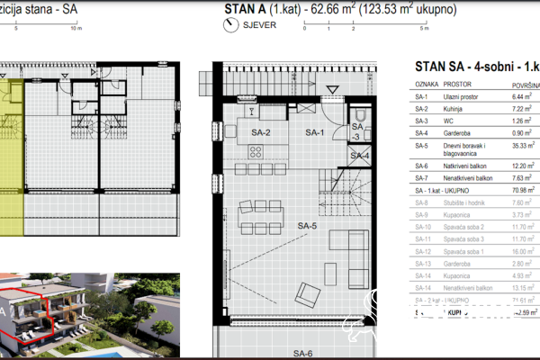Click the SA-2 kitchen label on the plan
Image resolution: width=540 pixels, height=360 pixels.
(261, 133)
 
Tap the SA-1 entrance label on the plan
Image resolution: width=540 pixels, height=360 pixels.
(314, 133)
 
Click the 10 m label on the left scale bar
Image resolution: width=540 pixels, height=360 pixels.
(76, 28)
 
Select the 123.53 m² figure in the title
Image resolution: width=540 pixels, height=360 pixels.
(392, 11)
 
